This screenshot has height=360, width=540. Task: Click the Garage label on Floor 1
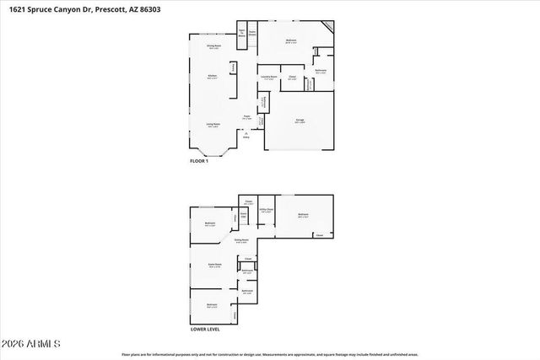click(301, 121)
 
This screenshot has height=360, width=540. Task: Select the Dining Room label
click(213, 47)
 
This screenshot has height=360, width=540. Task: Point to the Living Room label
click(213, 125)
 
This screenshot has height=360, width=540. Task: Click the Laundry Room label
click(271, 77)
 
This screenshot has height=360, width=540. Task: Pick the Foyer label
click(247, 117)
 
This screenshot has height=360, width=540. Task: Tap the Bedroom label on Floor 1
click(290, 40)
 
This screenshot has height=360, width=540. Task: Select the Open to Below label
click(241, 35)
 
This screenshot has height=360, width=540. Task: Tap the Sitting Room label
click(240, 240)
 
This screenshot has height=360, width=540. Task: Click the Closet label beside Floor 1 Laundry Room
click(292, 77)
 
